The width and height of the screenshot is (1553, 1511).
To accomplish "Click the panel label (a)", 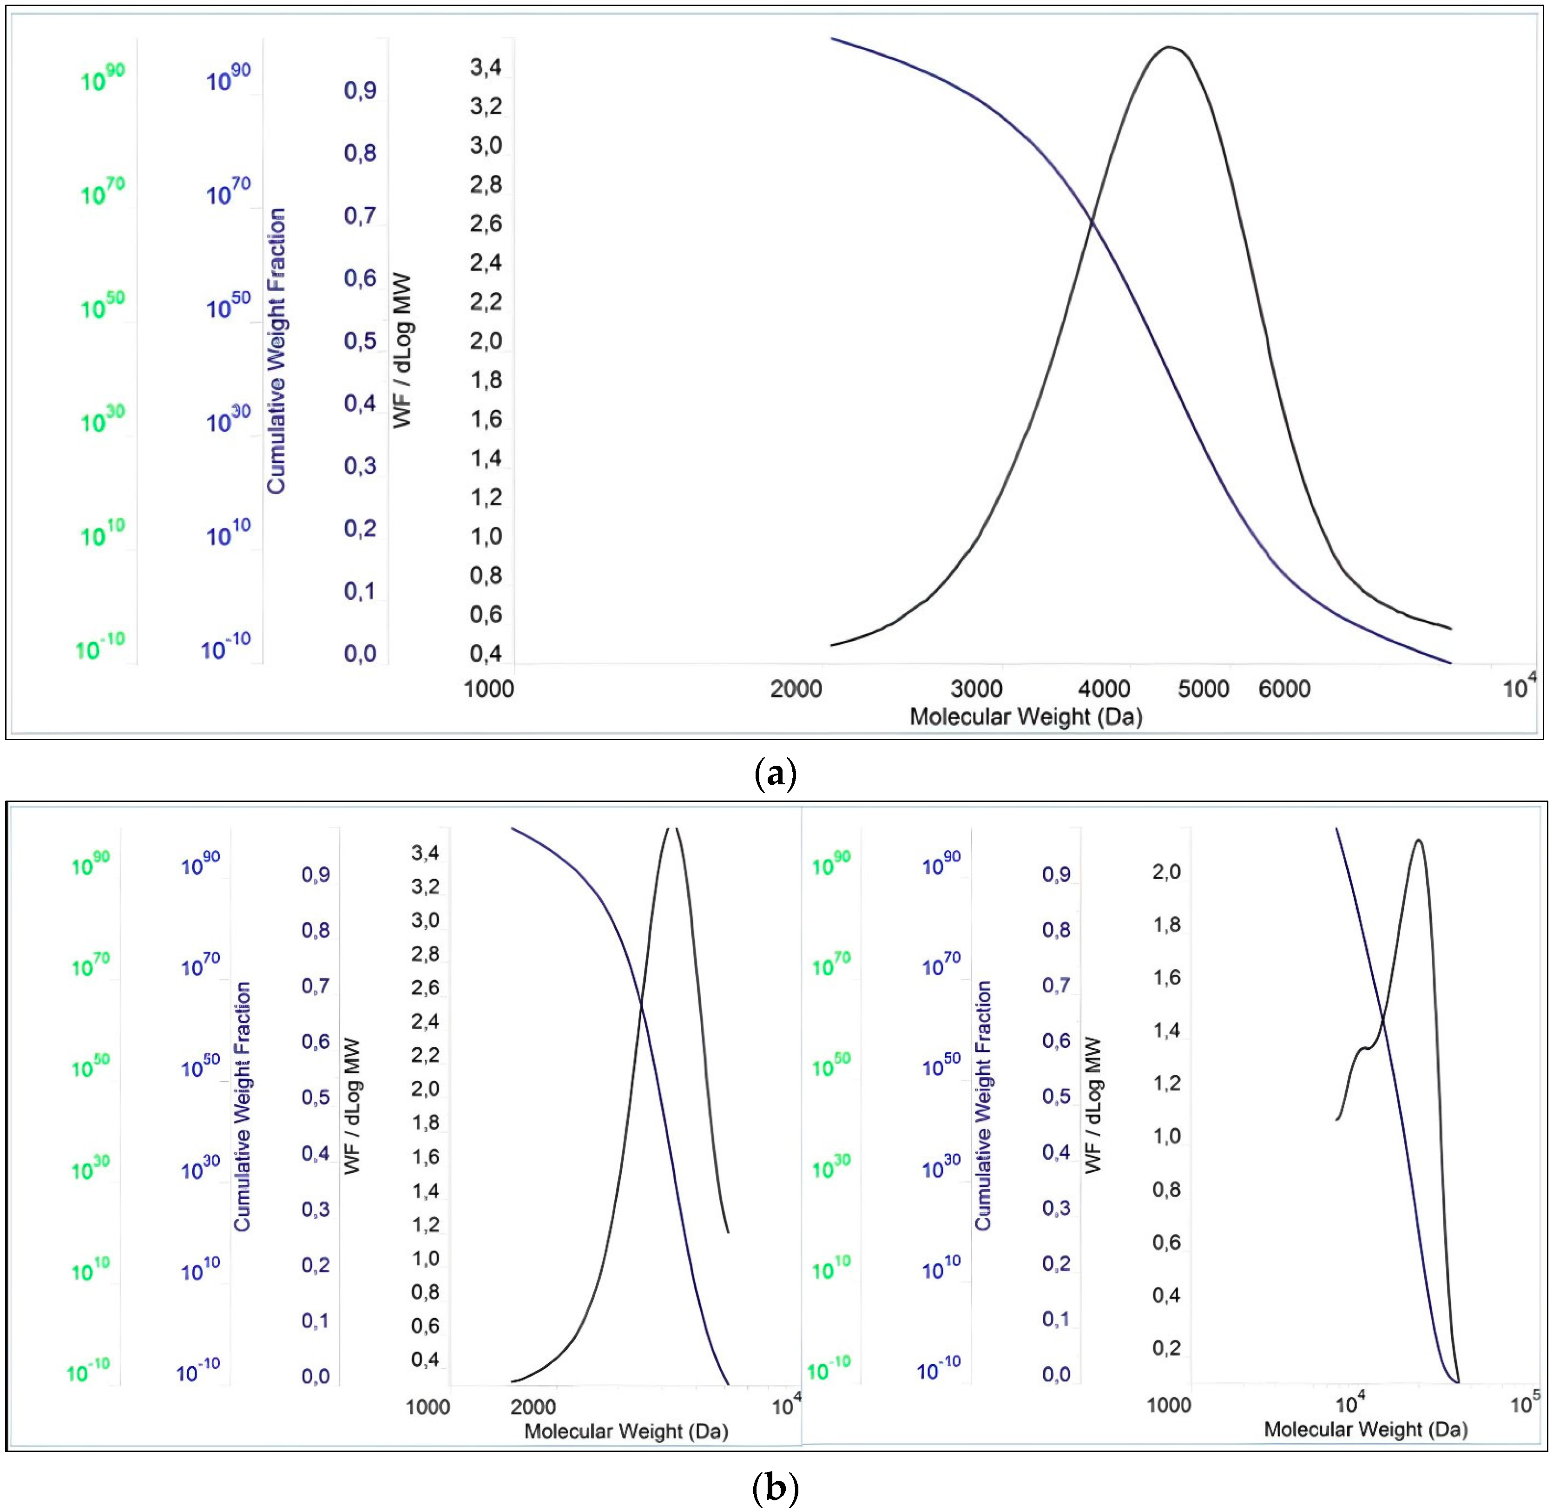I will click(775, 772).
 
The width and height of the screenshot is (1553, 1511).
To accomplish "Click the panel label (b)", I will click(775, 1488).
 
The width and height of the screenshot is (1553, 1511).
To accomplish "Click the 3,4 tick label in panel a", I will click(486, 67).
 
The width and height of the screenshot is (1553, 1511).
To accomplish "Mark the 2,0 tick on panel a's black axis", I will click(486, 341).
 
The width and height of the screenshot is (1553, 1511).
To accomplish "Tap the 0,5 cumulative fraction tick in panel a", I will click(360, 341).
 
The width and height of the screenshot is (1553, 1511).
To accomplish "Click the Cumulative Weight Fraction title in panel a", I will click(276, 351).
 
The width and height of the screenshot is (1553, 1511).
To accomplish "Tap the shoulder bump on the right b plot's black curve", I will click(1364, 1049).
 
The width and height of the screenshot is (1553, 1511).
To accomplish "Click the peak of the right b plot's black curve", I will click(1418, 841).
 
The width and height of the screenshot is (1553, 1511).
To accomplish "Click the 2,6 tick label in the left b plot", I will click(425, 987).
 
